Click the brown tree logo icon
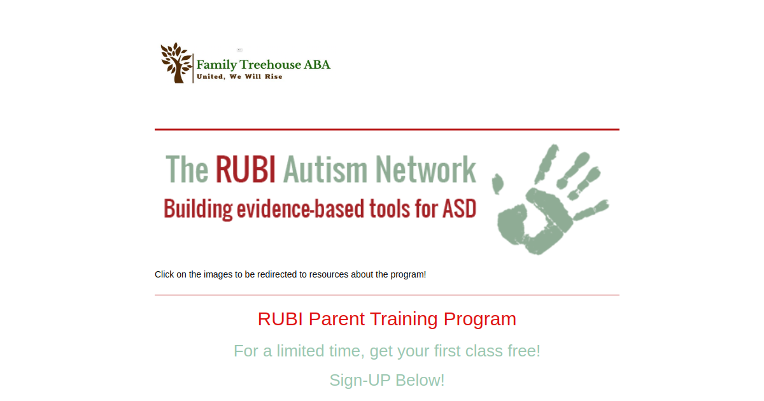(176, 62)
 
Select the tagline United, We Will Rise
(239, 77)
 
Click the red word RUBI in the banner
(245, 170)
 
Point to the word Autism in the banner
(325, 170)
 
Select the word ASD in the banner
(458, 209)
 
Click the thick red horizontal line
(387, 129)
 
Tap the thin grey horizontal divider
(387, 295)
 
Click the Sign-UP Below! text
(387, 380)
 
